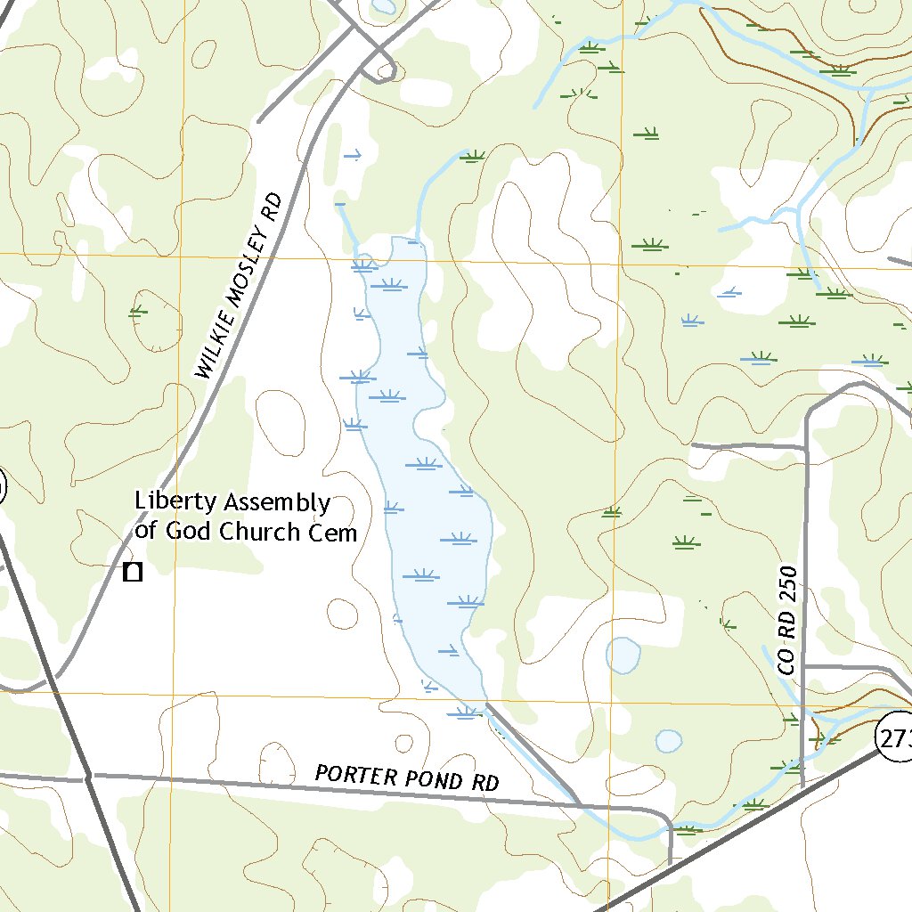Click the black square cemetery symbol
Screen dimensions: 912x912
point(133,573)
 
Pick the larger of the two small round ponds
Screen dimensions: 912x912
point(623,655)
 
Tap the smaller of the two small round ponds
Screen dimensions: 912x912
point(668,741)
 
